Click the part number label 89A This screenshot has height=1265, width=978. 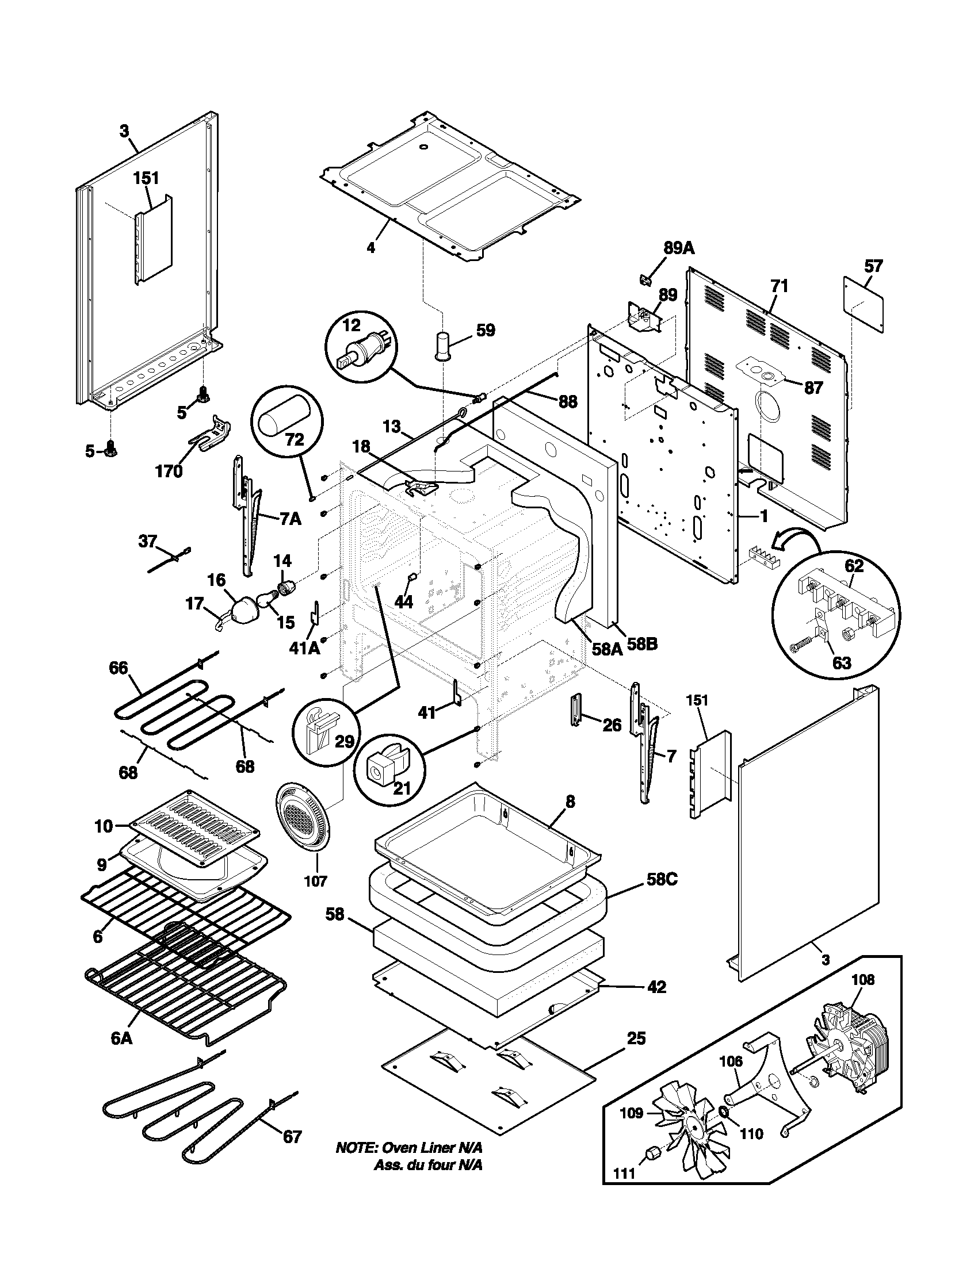pyautogui.click(x=679, y=249)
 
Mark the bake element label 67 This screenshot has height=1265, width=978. pyautogui.click(x=292, y=1136)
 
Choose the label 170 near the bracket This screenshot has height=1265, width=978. pyautogui.click(x=169, y=471)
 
